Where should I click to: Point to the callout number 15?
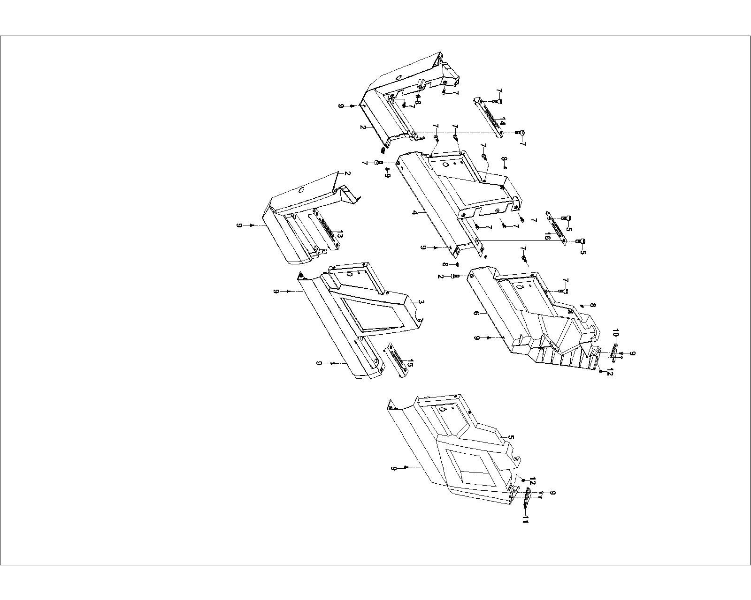410,363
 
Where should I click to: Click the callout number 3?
421,303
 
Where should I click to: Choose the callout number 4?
414,213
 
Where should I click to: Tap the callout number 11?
525,519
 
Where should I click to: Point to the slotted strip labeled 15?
397,359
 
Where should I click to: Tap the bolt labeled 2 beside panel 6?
454,277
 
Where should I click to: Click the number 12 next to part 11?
532,481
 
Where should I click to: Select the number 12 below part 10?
610,373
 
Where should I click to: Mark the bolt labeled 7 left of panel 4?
378,162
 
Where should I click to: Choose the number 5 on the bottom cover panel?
511,438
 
